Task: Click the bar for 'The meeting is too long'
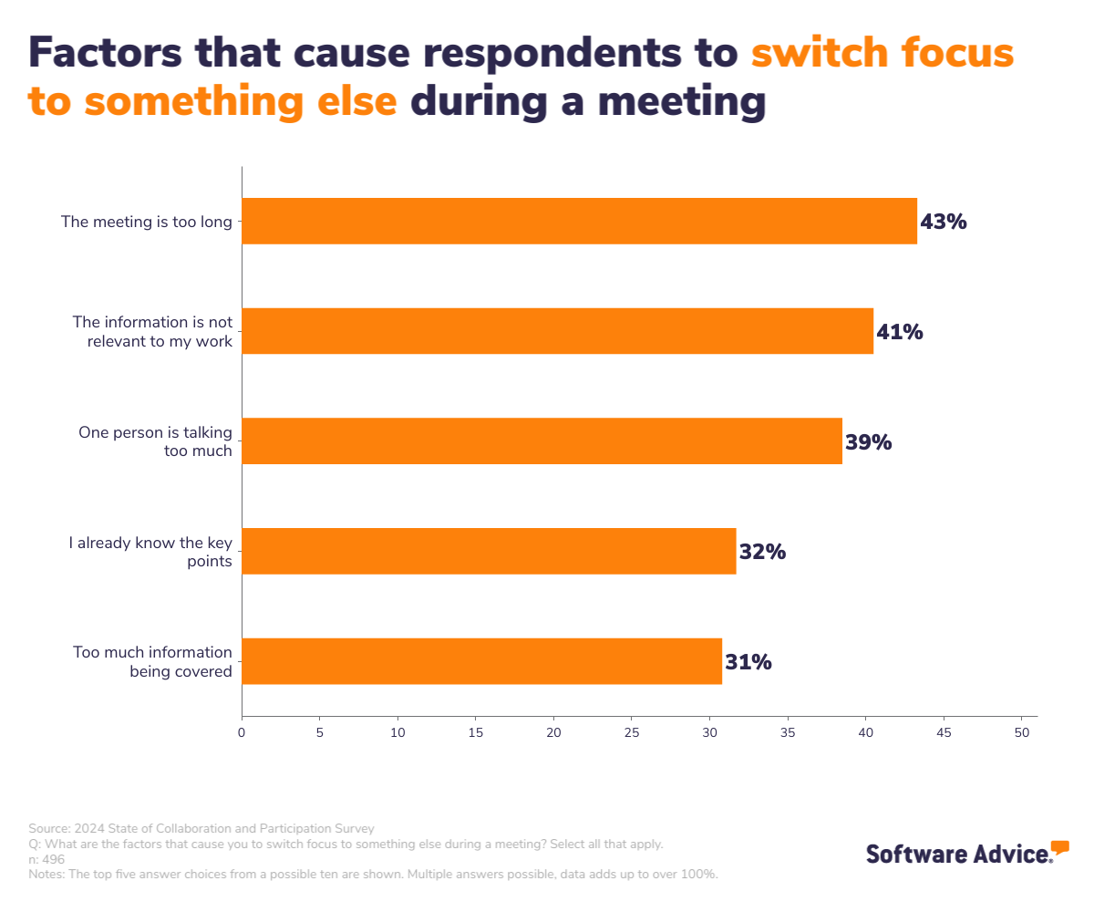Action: [x=579, y=221]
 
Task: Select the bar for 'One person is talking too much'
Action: [x=542, y=441]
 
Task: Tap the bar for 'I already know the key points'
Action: [x=489, y=551]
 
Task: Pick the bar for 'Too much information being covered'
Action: [x=481, y=661]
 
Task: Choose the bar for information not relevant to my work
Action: [x=557, y=331]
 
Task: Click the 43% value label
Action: [x=944, y=222]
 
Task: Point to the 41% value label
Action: [x=900, y=332]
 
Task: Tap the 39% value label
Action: [x=868, y=442]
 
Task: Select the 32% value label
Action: [x=762, y=552]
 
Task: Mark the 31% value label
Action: [x=748, y=662]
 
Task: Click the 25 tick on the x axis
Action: [x=632, y=732]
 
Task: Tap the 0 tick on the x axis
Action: [x=242, y=732]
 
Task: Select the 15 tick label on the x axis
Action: [x=476, y=732]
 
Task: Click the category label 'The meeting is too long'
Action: [x=147, y=221]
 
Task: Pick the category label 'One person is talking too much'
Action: [x=156, y=441]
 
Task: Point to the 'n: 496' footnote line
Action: [x=46, y=859]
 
